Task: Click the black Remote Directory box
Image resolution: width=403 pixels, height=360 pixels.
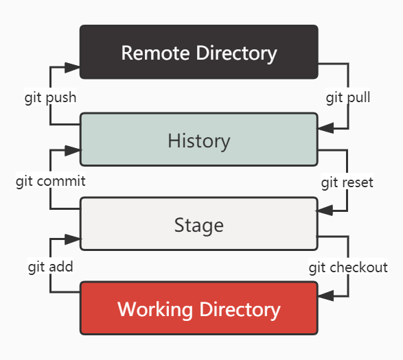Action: (199, 52)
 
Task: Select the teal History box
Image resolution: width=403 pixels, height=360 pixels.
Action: (199, 139)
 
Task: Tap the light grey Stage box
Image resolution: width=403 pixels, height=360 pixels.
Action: (199, 224)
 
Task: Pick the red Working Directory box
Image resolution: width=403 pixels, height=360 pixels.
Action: (199, 308)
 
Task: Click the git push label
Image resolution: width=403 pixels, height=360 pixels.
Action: (50, 97)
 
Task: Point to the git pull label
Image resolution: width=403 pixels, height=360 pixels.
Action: (348, 97)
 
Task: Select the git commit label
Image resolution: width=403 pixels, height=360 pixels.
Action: (50, 181)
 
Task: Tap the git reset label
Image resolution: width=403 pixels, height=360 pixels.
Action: (347, 182)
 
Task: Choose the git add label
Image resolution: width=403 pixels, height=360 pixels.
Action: (50, 267)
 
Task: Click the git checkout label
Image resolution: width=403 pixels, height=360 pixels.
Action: (348, 267)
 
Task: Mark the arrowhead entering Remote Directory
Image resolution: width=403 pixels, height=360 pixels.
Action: (72, 67)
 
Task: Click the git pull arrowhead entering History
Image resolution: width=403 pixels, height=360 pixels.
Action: (326, 128)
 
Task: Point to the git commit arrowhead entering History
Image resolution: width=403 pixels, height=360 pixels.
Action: (73, 150)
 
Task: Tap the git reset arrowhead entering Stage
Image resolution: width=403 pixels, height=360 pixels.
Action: (325, 211)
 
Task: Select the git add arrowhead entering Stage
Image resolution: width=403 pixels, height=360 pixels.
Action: (73, 239)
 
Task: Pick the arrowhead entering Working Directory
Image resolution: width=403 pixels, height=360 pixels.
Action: (326, 296)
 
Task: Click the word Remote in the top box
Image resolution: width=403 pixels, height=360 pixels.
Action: (155, 53)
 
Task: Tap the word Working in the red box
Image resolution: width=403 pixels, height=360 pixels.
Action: (155, 309)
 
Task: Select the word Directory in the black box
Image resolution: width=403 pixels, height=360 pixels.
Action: (236, 54)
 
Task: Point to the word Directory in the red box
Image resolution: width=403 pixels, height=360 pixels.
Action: (240, 310)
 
